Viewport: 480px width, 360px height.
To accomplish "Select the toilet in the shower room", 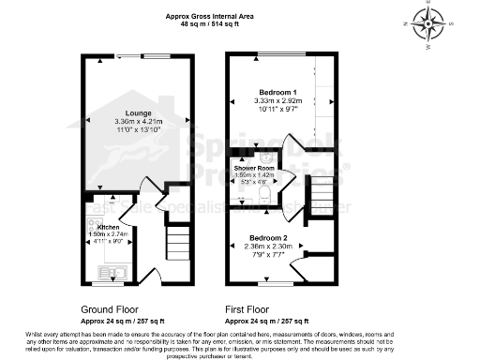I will [268, 193].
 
